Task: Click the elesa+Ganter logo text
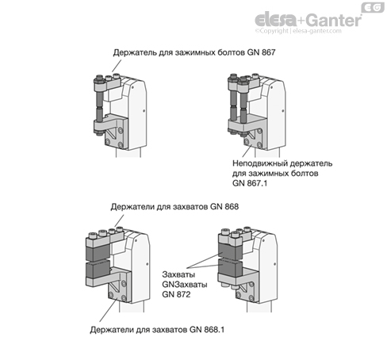pyautogui.click(x=308, y=19)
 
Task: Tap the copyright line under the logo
pyautogui.click(x=298, y=31)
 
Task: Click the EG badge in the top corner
pyautogui.click(x=373, y=7)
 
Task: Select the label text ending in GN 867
pyautogui.click(x=194, y=52)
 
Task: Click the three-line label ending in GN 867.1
pyautogui.click(x=282, y=173)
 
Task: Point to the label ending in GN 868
pyautogui.click(x=174, y=206)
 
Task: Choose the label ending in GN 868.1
pyautogui.click(x=157, y=330)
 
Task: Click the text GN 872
pyautogui.click(x=176, y=294)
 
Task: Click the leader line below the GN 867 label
pyautogui.click(x=117, y=66)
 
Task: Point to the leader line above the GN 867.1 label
pyautogui.click(x=247, y=151)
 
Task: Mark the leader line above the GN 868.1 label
pyautogui.click(x=108, y=309)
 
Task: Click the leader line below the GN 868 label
pyautogui.click(x=119, y=220)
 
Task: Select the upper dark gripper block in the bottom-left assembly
pyautogui.click(x=98, y=252)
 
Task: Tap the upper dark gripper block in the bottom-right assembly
pyautogui.click(x=229, y=251)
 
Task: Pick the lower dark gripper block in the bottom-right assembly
pyautogui.click(x=229, y=267)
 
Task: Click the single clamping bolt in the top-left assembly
pyautogui.click(x=99, y=105)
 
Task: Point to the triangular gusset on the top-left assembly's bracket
pyautogui.click(x=113, y=132)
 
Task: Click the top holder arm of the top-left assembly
pyautogui.click(x=107, y=84)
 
